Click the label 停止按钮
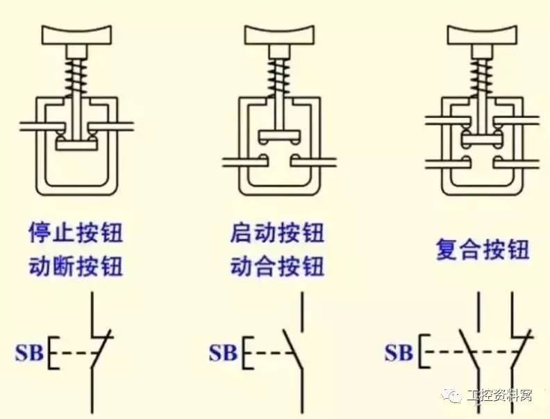(76, 233)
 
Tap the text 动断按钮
(76, 266)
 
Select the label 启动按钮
(277, 233)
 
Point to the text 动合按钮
(277, 266)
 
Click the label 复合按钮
(483, 249)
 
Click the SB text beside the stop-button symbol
(29, 352)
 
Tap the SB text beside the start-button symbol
(224, 352)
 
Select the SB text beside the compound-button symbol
(399, 352)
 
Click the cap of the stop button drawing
(76, 33)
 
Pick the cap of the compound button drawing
(482, 33)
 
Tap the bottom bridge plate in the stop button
(76, 145)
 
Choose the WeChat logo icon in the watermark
(452, 396)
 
